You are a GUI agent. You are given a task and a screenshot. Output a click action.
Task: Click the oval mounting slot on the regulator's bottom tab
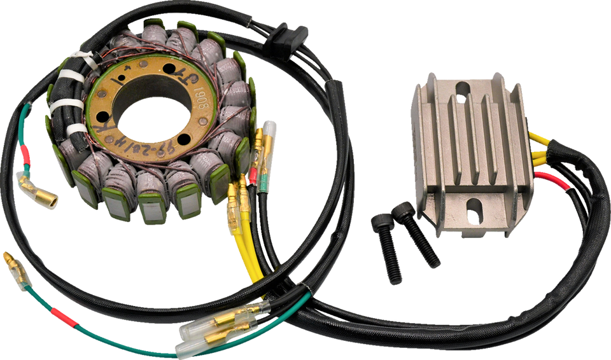coord(472,209)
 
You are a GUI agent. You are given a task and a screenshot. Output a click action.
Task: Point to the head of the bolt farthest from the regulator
coord(378,222)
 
